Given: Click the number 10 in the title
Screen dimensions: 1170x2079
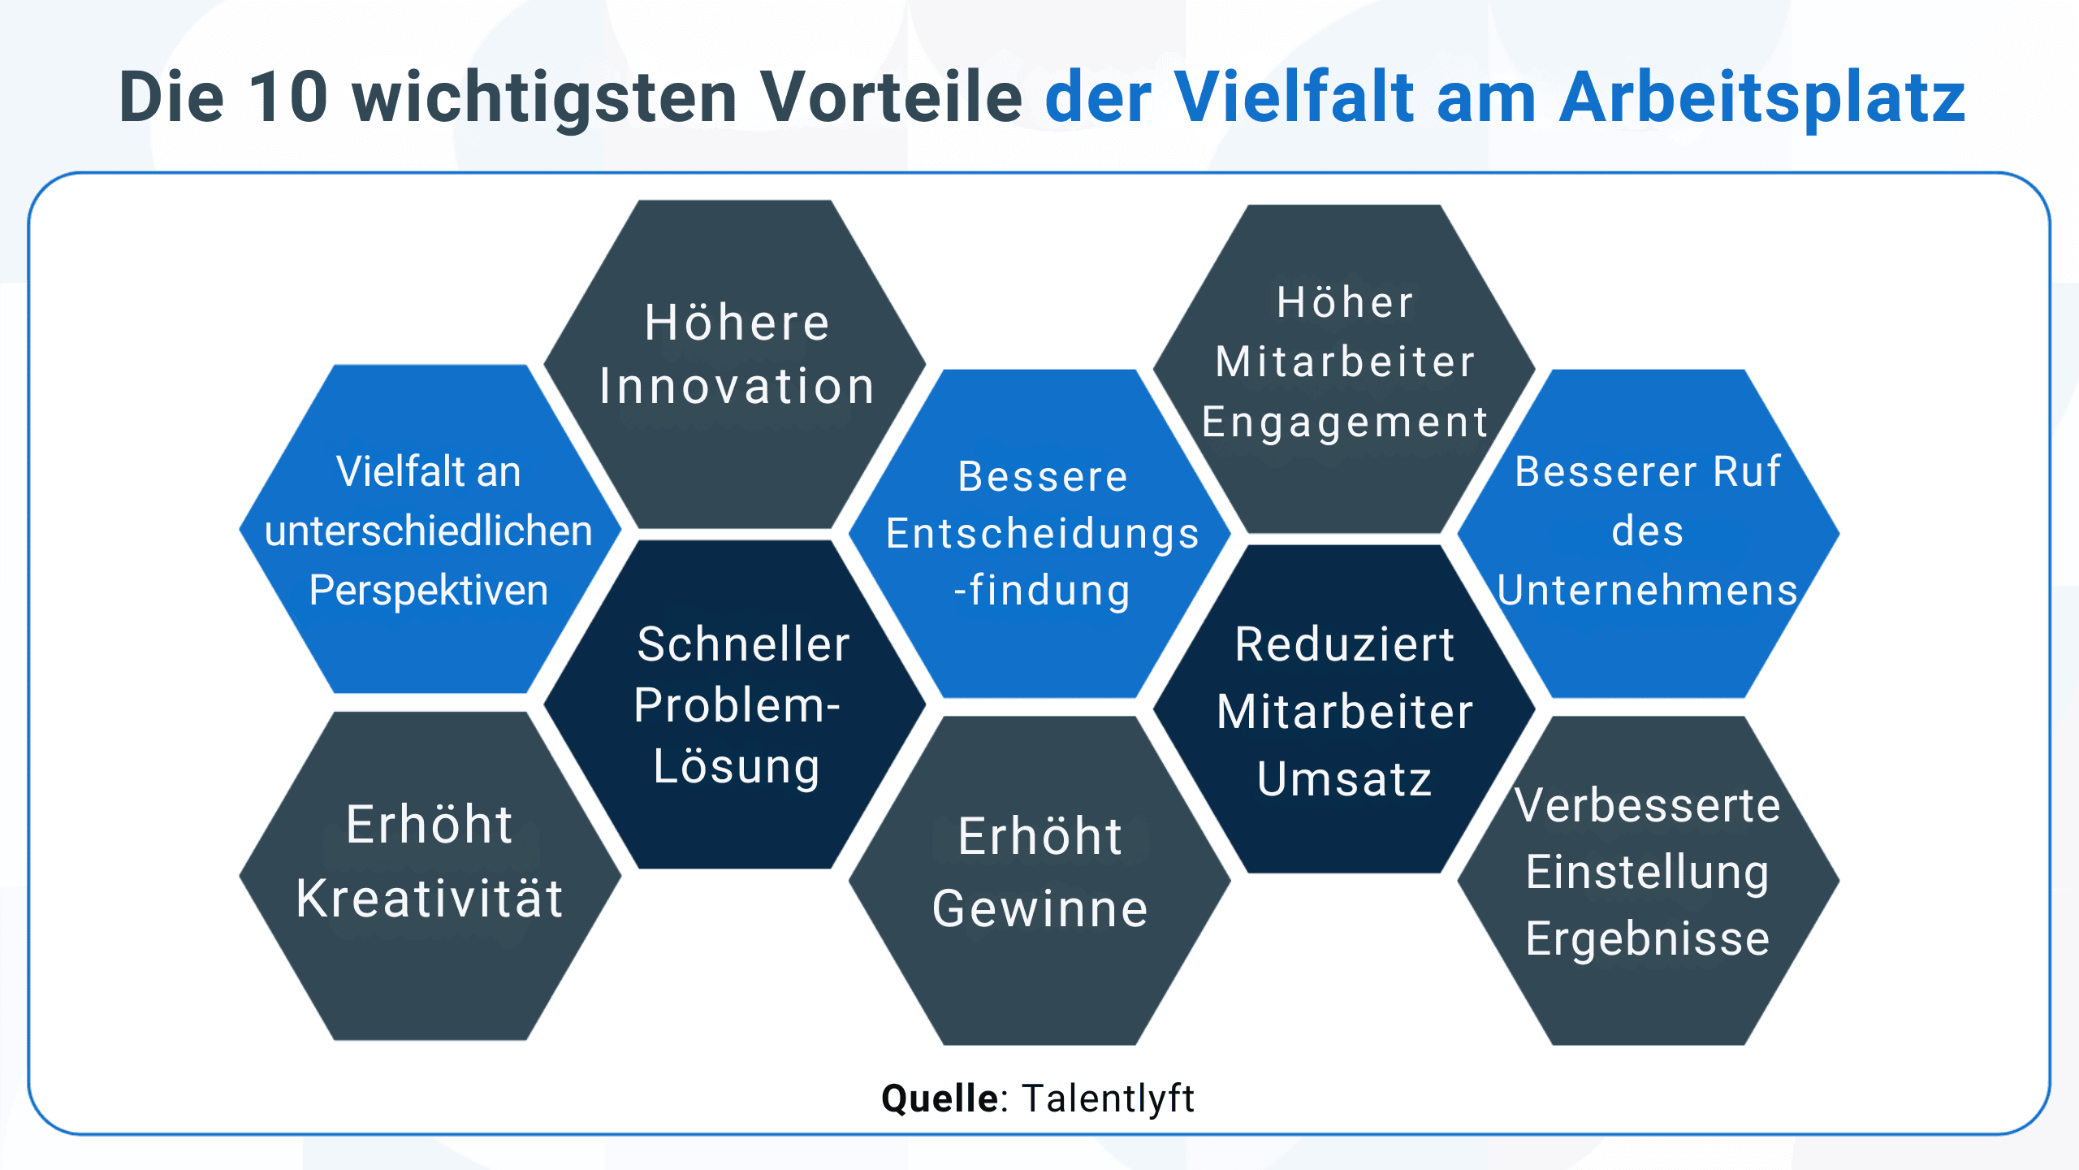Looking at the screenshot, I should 288,97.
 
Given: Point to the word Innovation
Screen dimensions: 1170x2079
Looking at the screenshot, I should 737,386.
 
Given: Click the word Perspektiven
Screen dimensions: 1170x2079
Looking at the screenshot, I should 429,590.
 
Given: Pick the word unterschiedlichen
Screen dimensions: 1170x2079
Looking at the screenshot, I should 429,531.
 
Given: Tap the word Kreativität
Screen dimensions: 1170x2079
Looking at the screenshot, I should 430,899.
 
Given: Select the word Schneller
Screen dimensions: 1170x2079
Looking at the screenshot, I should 743,644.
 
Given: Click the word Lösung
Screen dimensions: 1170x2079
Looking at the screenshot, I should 737,767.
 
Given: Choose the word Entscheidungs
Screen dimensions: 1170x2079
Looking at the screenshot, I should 1042,534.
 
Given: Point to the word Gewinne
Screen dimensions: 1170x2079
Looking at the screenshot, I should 1040,908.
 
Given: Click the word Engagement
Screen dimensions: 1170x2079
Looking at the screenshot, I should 1345,422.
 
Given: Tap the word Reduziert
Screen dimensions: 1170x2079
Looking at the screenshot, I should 1345,644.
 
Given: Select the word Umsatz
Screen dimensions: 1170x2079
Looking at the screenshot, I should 1345,779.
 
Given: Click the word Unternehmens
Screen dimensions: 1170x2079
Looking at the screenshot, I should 1648,590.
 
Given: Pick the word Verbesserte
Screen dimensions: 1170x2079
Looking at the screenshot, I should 1648,805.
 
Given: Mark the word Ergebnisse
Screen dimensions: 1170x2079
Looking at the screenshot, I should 1648,939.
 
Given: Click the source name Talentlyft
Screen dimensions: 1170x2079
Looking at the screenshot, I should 1108,1098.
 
